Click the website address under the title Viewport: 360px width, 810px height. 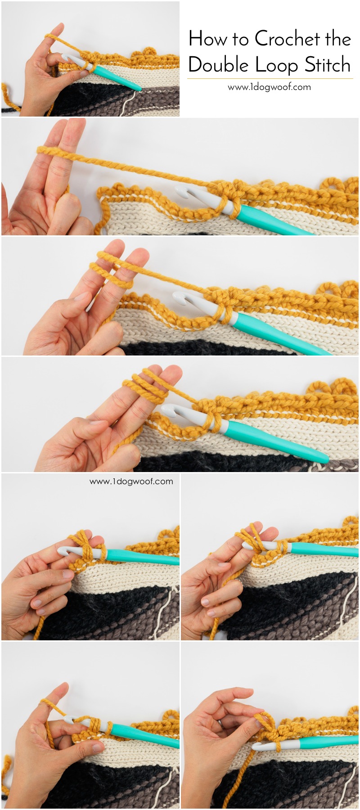(269, 87)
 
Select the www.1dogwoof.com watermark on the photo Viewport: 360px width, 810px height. (131, 481)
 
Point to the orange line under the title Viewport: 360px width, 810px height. (270, 79)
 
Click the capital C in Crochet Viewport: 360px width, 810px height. (262, 39)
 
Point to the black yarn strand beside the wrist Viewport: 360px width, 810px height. (11, 108)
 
